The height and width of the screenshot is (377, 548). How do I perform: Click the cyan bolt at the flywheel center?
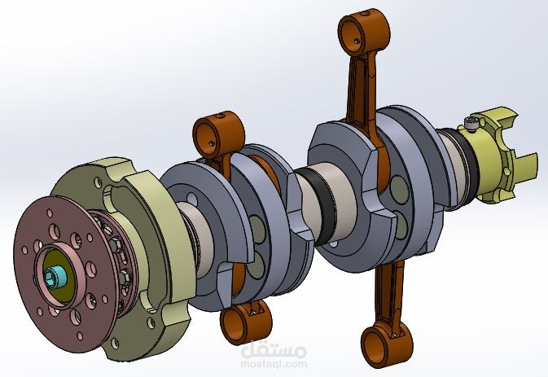click(x=54, y=277)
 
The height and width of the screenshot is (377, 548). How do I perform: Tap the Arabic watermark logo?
click(x=274, y=349)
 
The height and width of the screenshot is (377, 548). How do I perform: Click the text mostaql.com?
click(x=274, y=364)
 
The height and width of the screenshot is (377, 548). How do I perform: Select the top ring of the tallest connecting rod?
click(x=363, y=33)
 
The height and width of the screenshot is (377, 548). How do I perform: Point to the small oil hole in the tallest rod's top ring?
click(x=356, y=41)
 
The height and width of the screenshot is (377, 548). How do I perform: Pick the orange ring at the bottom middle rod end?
click(x=244, y=322)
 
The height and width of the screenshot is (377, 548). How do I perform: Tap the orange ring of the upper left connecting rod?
click(x=218, y=135)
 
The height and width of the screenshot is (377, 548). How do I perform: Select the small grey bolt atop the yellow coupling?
click(x=471, y=124)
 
